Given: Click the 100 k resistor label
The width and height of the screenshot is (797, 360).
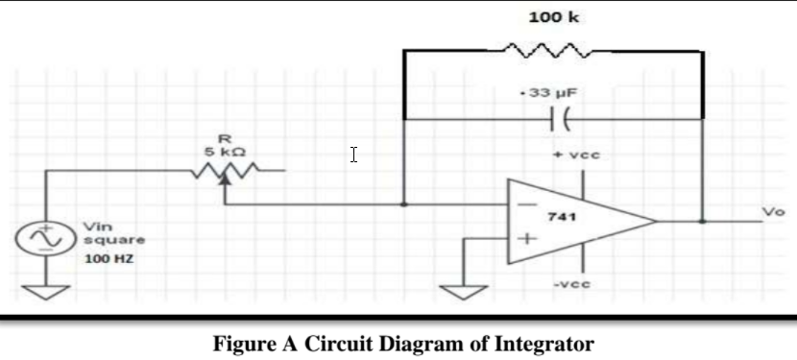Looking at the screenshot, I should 553,18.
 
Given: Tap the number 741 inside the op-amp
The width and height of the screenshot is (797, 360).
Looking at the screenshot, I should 561,218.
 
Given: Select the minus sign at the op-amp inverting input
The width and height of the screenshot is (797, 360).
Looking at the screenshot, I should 526,204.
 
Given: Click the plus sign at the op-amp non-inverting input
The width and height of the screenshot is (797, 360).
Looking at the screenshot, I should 526,239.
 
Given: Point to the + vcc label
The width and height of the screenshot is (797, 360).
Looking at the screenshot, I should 572,155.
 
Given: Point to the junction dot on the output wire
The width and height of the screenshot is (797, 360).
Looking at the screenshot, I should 704,220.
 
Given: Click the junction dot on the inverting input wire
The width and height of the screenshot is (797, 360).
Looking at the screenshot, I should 404,204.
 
